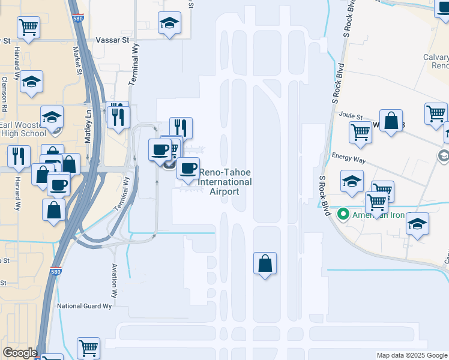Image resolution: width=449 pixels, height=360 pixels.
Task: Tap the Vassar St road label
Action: tap(113, 40)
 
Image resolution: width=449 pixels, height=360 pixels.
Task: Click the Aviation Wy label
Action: tap(113, 281)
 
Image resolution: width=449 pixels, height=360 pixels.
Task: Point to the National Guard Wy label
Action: tap(85, 306)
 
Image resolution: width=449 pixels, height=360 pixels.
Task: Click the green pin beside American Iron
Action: tap(344, 214)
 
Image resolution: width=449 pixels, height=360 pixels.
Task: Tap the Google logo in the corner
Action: tap(19, 353)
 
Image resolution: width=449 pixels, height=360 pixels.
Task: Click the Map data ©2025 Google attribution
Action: tap(412, 355)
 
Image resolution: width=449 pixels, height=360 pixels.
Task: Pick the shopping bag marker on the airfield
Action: tap(265, 263)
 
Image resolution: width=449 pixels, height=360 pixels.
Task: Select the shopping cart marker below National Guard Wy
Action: tap(88, 348)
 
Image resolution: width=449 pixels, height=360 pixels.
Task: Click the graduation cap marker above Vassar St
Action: tap(170, 25)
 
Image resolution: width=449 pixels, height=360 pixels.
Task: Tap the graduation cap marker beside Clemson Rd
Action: tap(31, 83)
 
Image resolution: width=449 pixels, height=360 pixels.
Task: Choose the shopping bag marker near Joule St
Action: tap(391, 121)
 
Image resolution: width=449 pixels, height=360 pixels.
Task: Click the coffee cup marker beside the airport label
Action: tap(188, 168)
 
